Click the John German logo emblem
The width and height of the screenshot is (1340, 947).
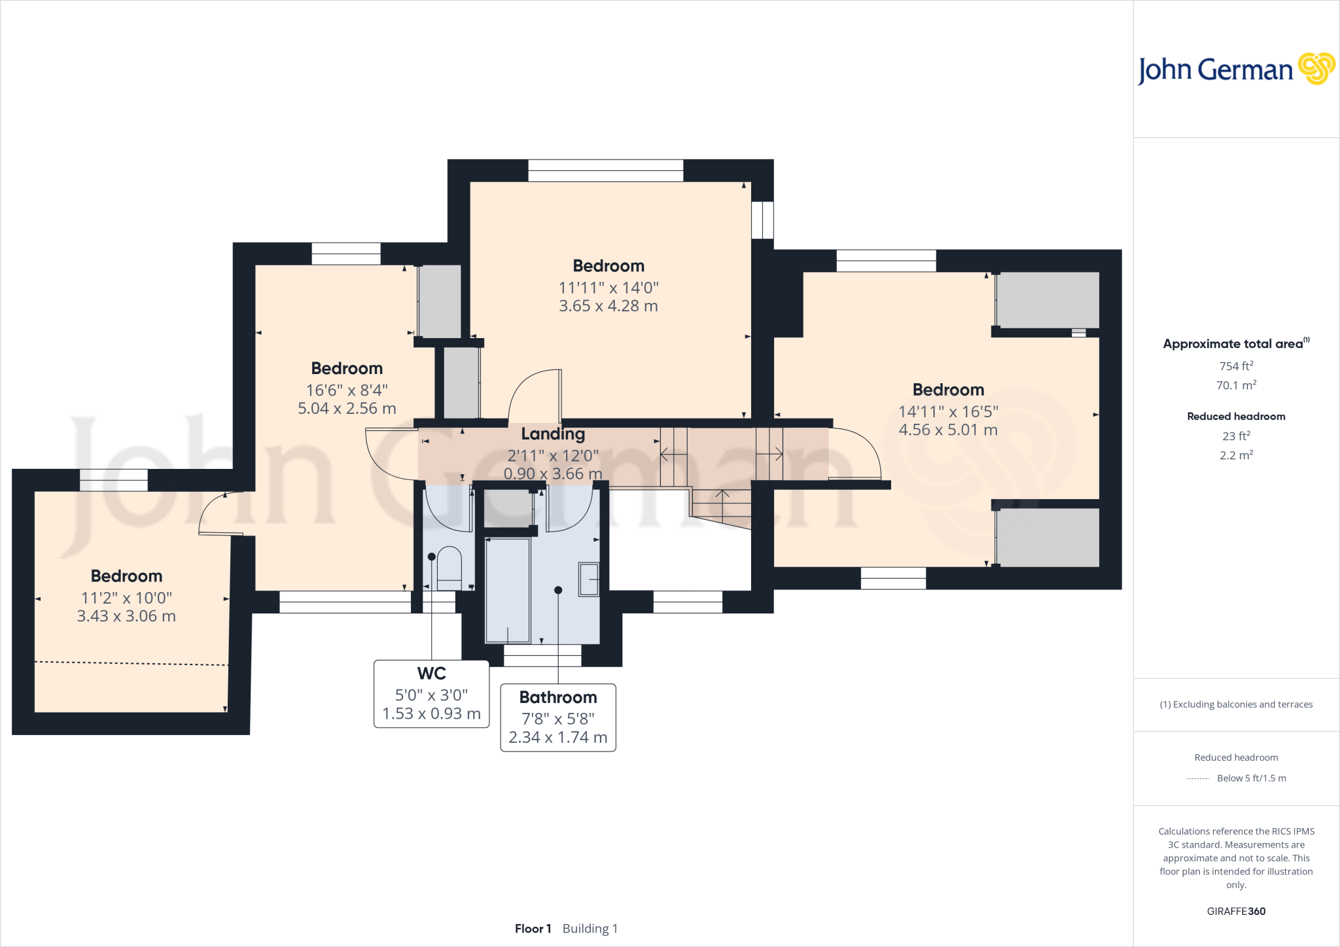pos(1316,69)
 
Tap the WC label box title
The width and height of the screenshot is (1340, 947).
pos(431,673)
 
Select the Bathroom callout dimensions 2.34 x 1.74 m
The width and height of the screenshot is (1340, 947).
pos(558,737)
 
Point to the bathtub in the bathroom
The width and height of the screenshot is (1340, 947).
pos(508,590)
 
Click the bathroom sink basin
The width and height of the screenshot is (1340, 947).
pos(589,579)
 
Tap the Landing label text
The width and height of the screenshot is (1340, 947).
pos(553,434)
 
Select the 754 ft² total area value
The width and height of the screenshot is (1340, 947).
pos(1236,366)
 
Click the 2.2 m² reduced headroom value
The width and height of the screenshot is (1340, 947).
pos(1236,455)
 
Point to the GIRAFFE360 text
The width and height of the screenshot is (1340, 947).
pos(1236,911)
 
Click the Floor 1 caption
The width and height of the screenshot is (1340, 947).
pos(533,929)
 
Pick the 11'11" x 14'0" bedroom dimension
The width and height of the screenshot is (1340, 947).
pos(608,288)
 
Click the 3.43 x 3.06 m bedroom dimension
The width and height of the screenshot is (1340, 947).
pos(126,616)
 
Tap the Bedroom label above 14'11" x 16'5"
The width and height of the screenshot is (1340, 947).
pos(948,390)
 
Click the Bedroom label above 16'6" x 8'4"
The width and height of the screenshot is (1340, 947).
pos(347,368)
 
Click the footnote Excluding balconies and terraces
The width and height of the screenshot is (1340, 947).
pos(1236,704)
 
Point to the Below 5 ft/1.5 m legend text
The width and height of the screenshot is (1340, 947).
pos(1251,778)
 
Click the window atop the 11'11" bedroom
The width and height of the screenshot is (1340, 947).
pos(605,171)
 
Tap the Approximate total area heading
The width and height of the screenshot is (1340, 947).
pos(1233,344)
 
